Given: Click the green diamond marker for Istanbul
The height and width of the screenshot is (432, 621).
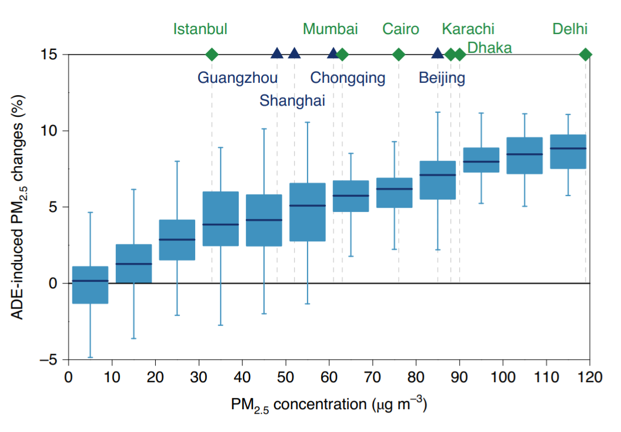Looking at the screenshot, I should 212,55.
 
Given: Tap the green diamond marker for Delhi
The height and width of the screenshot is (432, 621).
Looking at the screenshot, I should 586,55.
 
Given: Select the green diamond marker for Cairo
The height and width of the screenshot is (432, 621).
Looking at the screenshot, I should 399,55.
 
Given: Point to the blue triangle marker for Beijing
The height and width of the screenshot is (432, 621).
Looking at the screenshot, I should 438,54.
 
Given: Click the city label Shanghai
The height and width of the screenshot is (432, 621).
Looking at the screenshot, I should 292,100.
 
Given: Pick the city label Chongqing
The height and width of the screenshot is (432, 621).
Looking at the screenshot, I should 348,77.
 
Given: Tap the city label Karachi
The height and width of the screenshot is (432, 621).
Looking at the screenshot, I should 468,29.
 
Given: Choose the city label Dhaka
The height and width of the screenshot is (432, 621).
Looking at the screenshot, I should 489,48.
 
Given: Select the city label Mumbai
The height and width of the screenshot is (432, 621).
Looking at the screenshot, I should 330,29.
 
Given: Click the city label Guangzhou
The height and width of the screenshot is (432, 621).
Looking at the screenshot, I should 238,77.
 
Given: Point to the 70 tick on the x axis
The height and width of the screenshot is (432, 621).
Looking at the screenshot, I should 373,363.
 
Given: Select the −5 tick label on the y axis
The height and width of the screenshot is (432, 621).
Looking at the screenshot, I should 49,360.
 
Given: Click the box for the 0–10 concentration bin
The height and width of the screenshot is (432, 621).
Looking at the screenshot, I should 90,285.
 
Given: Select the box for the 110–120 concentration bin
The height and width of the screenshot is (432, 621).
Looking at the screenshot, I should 568,151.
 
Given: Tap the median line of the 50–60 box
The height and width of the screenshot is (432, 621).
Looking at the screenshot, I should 307,205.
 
